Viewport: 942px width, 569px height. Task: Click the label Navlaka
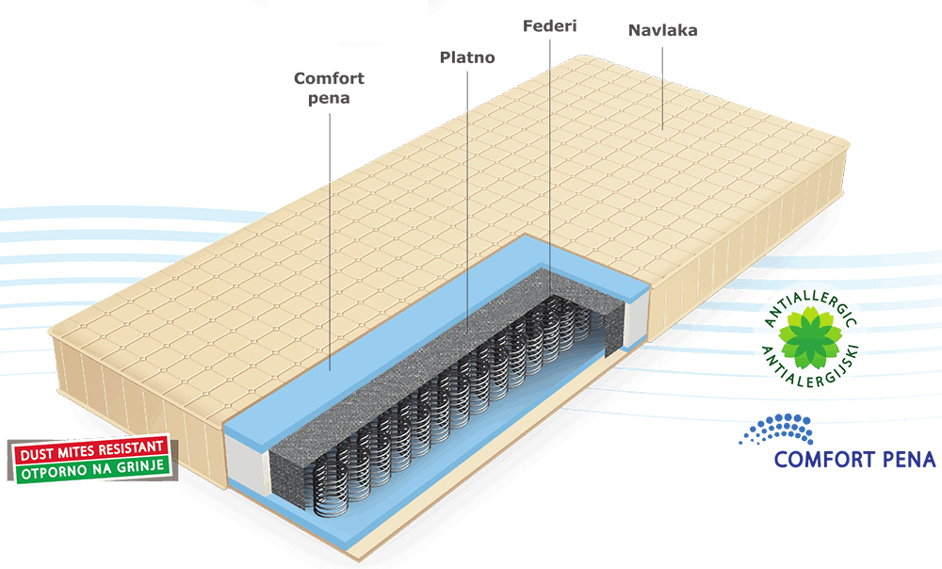click(x=662, y=30)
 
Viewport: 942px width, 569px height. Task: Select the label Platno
click(x=467, y=58)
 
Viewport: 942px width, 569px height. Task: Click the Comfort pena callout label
click(x=329, y=88)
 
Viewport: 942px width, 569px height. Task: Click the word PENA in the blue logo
click(x=902, y=460)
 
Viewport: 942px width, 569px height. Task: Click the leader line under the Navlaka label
click(x=661, y=85)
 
